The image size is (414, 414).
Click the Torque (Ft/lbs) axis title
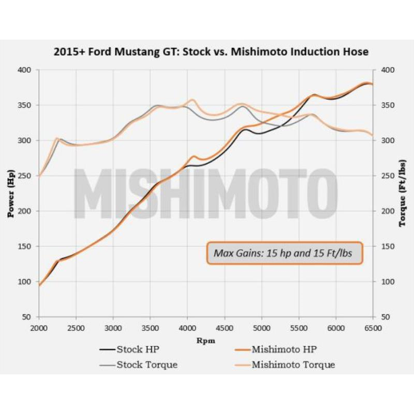pos(403,194)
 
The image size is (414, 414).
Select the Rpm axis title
pos(206,341)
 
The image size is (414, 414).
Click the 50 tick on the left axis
pos(27,317)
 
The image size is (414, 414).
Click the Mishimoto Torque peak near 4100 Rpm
pos(192,100)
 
